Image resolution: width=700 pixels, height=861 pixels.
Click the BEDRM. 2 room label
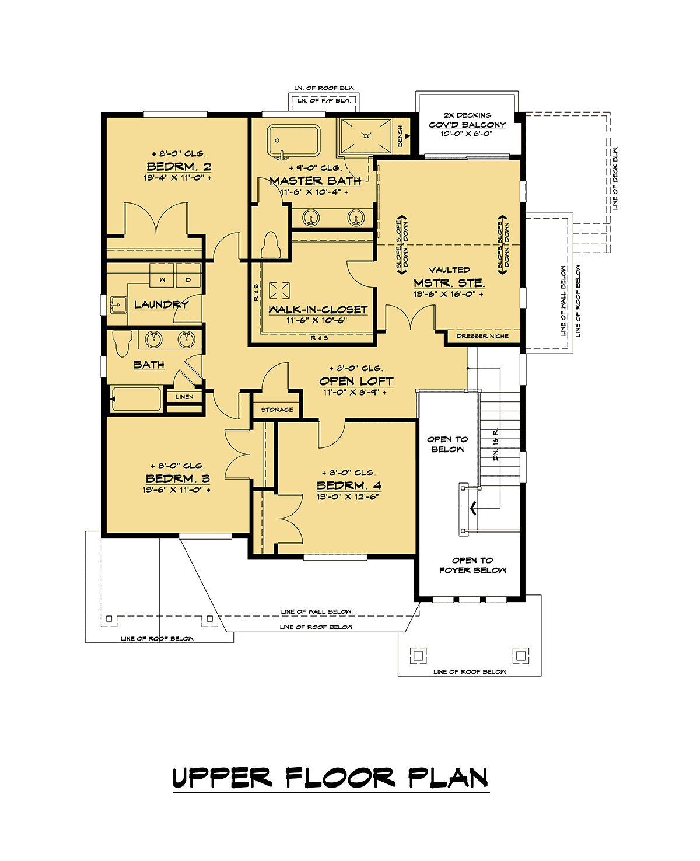click(x=178, y=166)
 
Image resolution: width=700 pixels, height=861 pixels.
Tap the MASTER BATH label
click(x=316, y=181)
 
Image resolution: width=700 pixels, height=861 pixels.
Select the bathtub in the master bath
click(x=294, y=141)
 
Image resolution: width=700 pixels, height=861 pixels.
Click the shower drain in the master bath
click(x=367, y=136)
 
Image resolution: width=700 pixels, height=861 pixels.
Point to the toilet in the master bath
click(x=271, y=244)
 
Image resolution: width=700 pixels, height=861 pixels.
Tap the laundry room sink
click(x=118, y=304)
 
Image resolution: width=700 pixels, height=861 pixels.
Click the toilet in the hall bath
click(x=123, y=343)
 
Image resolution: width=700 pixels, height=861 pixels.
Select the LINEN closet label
click(x=184, y=397)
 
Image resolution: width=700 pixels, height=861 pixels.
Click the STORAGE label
click(x=277, y=409)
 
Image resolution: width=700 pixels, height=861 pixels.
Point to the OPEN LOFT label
click(x=356, y=381)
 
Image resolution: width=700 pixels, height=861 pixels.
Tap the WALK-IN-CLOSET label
click(x=318, y=310)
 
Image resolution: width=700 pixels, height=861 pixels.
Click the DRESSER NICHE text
click(x=482, y=337)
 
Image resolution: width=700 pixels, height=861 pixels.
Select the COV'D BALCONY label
click(x=468, y=125)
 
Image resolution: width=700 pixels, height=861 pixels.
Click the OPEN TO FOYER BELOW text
click(x=473, y=565)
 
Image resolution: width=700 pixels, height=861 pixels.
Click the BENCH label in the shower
click(x=400, y=136)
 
